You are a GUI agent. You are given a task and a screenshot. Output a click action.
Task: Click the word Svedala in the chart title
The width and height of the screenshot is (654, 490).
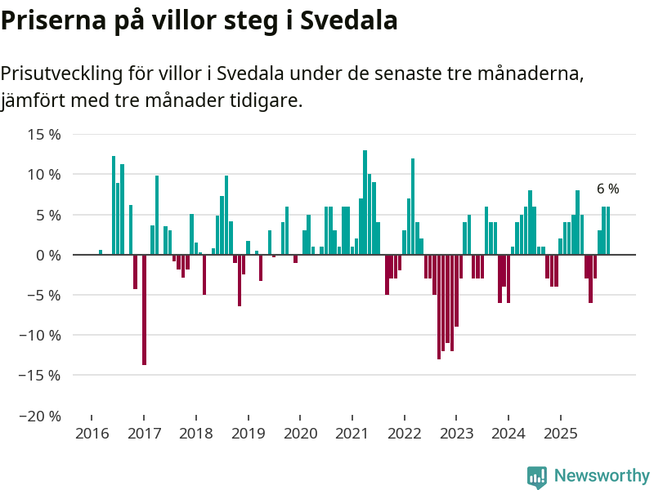click(349, 20)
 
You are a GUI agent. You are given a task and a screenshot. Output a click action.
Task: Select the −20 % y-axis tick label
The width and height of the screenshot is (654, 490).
click(39, 416)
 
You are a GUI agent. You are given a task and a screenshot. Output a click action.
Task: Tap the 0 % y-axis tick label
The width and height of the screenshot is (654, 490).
click(48, 255)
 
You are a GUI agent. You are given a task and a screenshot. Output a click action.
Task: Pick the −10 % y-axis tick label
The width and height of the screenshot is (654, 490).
click(39, 335)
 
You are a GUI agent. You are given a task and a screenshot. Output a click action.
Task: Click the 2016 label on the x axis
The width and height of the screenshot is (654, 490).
click(92, 434)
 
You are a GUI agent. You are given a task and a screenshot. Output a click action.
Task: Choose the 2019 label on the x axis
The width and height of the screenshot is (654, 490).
click(248, 434)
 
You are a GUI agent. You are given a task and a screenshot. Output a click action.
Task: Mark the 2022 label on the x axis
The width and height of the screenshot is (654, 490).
click(404, 434)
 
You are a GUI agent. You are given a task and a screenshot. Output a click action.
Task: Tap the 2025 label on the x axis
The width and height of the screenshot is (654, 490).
click(560, 434)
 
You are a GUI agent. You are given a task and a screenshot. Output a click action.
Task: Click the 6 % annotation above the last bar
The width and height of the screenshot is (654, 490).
click(607, 189)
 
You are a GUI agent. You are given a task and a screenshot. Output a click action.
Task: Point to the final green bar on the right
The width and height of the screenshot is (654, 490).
click(607, 231)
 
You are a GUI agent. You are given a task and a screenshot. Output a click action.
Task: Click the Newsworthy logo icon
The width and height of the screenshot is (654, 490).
click(537, 477)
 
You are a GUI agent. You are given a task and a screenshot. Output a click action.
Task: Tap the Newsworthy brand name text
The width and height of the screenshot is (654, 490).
click(602, 475)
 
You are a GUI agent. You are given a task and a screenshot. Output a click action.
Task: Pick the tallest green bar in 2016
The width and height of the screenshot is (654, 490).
click(114, 205)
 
